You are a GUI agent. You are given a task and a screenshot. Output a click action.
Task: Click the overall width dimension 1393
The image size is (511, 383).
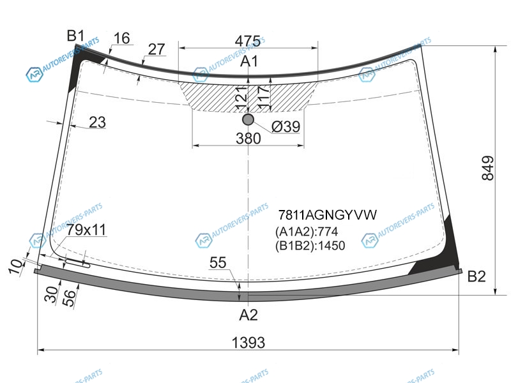click(x=248, y=343)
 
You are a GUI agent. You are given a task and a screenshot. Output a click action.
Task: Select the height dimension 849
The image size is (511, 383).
click(x=488, y=168)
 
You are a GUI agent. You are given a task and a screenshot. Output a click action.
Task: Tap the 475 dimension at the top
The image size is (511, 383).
click(x=248, y=41)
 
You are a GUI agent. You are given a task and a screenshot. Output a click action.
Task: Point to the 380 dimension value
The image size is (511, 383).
click(x=248, y=139)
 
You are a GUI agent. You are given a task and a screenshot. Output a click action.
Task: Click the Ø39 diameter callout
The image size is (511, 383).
click(x=286, y=126)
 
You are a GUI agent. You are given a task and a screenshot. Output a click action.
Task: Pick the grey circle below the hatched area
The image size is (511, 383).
click(x=248, y=119)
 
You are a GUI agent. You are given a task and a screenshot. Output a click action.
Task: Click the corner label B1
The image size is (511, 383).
click(x=75, y=36)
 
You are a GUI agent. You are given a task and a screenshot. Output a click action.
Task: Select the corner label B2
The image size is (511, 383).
click(x=477, y=276)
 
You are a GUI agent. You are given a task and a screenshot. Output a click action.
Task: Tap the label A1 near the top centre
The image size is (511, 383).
click(x=249, y=61)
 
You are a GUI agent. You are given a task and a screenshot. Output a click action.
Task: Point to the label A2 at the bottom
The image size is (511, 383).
click(x=248, y=315)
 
